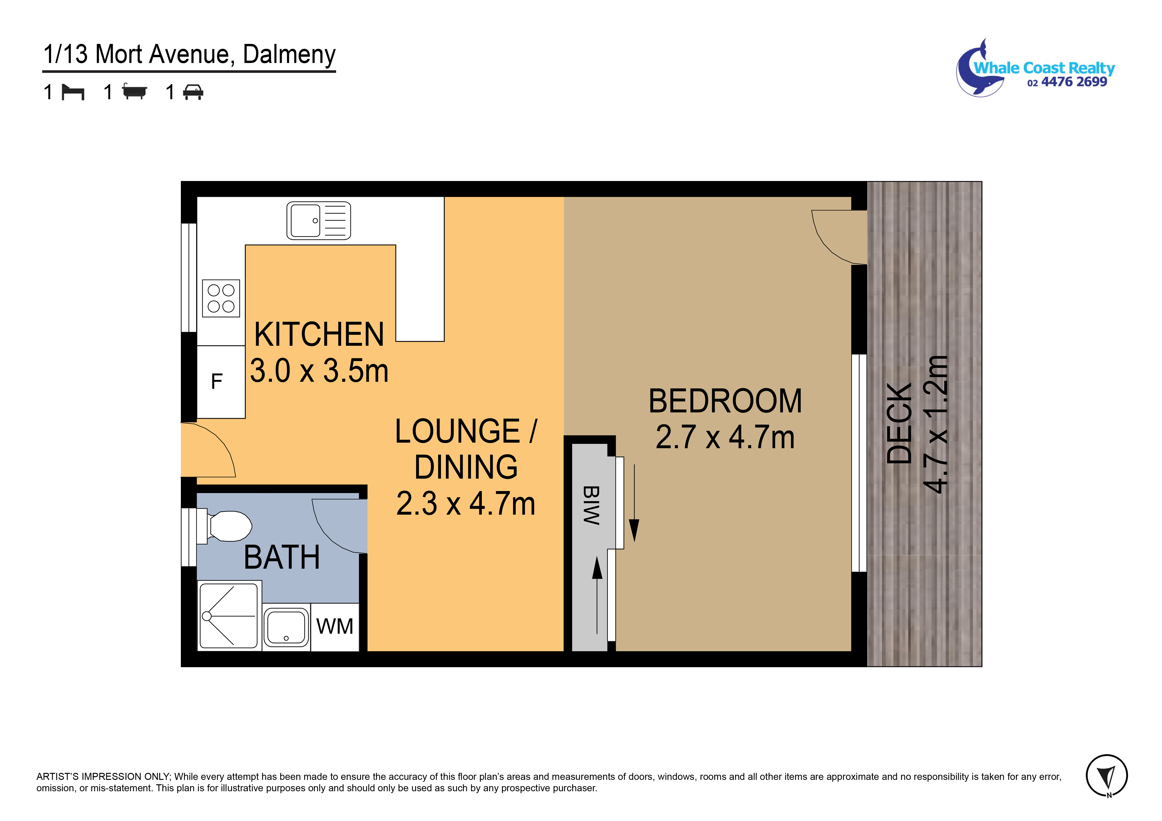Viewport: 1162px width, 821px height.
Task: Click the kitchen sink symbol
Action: pos(318,221)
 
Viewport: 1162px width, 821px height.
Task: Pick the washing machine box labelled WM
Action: pos(335,627)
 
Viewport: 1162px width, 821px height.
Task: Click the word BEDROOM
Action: pos(725,401)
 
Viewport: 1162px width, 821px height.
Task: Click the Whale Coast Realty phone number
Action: pos(1067,82)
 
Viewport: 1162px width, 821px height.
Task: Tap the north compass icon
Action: pos(1107,775)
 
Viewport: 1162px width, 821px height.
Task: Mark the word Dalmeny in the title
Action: pos(289,54)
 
